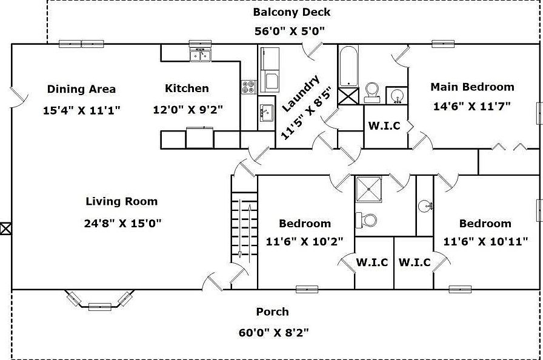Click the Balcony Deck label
tap(291, 12)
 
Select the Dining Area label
tap(81, 89)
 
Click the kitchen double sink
tap(200, 56)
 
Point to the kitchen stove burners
tap(248, 87)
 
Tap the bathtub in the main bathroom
tap(348, 66)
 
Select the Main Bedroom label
tap(472, 87)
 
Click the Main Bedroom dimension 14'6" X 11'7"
tap(472, 106)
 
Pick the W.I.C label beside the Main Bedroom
tap(385, 125)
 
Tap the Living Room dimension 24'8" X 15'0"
tap(122, 223)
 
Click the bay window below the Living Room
tap(99, 302)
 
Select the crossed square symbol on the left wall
tap(5, 228)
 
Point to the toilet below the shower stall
tap(367, 220)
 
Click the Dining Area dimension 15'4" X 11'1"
tap(82, 110)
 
